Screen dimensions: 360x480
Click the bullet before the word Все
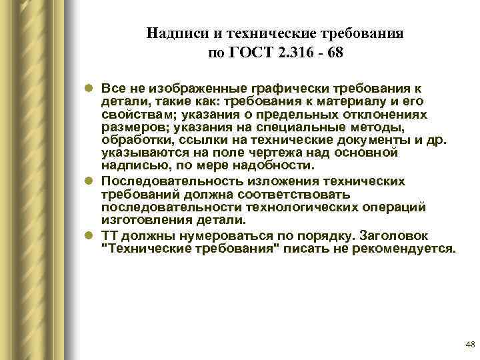point(89,89)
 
